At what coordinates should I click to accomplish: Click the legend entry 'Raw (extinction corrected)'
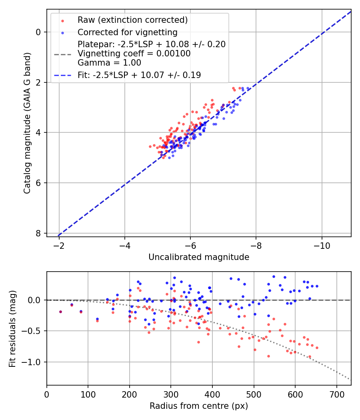pyautogui.click(x=132, y=20)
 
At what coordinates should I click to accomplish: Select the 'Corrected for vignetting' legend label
pyautogui.click(x=128, y=32)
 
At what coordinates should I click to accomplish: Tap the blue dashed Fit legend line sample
pyautogui.click(x=62, y=75)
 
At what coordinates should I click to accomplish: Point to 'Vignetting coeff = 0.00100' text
pyautogui.click(x=134, y=54)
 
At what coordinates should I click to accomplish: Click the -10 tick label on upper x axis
pyautogui.click(x=322, y=245)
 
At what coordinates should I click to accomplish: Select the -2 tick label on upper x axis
pyautogui.click(x=59, y=245)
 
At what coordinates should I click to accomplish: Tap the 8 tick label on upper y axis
pyautogui.click(x=38, y=233)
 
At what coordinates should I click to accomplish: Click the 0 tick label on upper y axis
pyautogui.click(x=38, y=32)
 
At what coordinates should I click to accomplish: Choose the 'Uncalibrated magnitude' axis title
pyautogui.click(x=199, y=257)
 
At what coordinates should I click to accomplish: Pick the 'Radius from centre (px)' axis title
pyautogui.click(x=199, y=406)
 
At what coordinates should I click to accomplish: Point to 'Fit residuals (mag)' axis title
pyautogui.click(x=12, y=328)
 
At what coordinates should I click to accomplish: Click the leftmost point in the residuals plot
pyautogui.click(x=60, y=312)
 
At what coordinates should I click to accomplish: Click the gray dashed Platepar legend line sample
pyautogui.click(x=62, y=54)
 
